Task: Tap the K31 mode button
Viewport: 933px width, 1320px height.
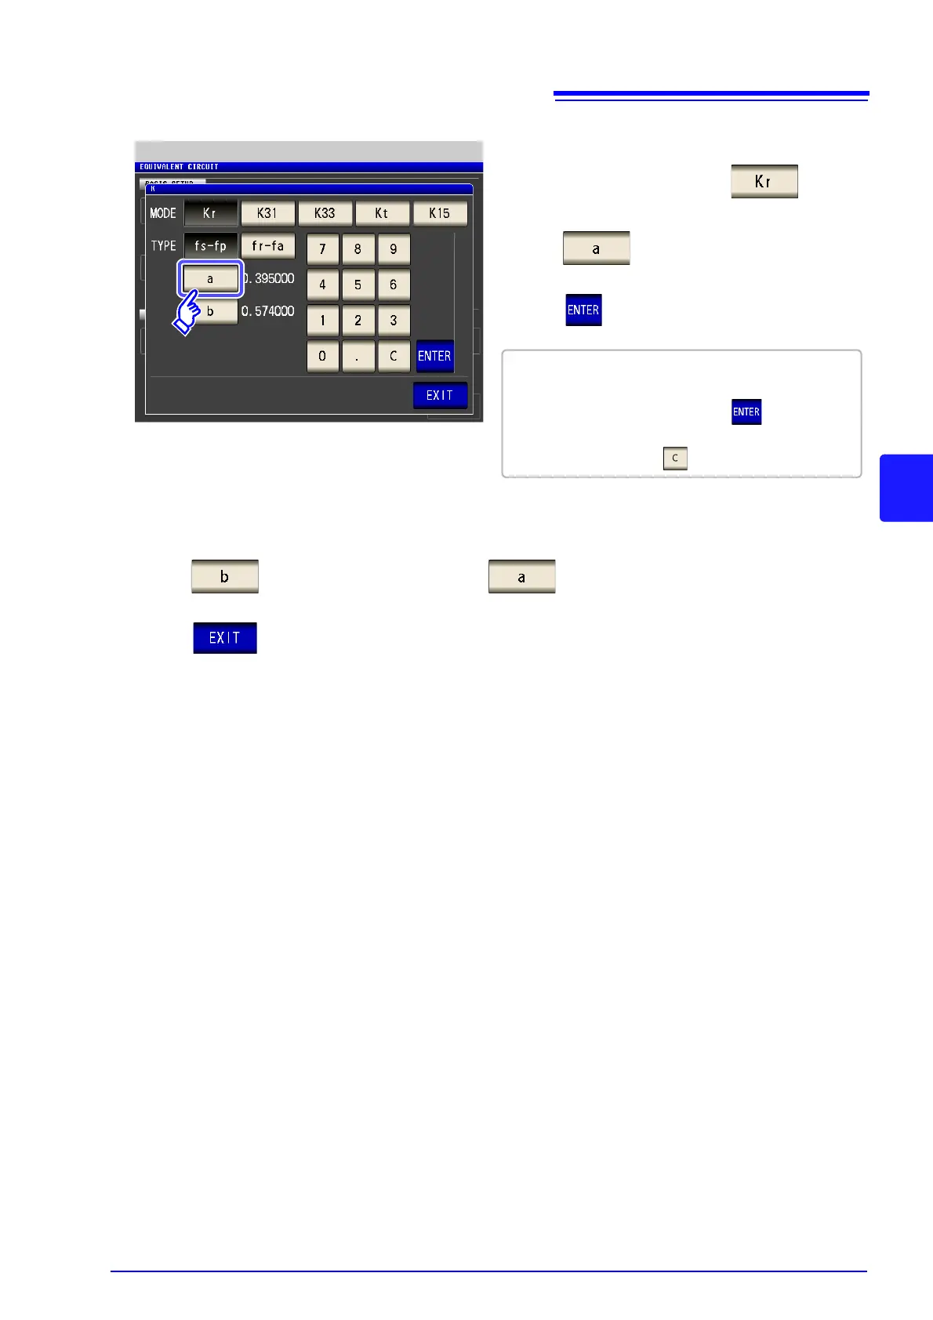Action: (x=267, y=213)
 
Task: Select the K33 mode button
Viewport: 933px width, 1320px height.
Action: (x=325, y=213)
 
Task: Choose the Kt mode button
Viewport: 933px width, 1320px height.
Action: (x=382, y=213)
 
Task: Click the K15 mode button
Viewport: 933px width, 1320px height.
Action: (x=440, y=213)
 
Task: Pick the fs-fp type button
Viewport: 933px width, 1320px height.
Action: (x=210, y=246)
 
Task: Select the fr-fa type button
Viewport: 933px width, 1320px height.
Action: (x=267, y=246)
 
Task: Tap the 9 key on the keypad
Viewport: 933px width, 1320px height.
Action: (x=394, y=249)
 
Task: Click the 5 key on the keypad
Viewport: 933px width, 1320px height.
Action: (x=358, y=285)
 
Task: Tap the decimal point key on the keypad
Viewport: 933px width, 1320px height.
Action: (x=358, y=356)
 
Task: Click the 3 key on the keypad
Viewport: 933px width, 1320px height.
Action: (x=394, y=321)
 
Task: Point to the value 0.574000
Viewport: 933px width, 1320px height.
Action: (x=268, y=311)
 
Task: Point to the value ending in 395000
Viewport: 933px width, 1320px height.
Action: (x=268, y=278)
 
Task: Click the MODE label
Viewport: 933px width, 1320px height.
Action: (x=163, y=213)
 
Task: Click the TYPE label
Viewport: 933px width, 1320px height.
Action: (x=164, y=246)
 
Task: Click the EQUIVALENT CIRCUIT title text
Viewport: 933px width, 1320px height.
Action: (x=179, y=167)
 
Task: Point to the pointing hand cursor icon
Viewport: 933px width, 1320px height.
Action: (x=187, y=312)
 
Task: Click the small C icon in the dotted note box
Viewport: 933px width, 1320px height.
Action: (x=675, y=459)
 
